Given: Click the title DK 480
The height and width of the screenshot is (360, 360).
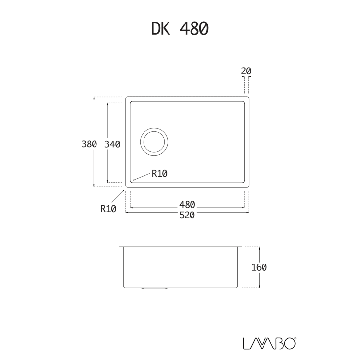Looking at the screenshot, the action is point(180,28).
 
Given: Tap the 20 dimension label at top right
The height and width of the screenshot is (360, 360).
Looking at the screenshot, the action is point(246,71).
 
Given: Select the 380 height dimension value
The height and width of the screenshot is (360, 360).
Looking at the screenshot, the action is point(89,144).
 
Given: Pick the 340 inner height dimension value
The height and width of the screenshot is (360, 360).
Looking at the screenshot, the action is point(112,144).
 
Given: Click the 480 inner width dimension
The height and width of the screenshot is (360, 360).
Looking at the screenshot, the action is point(187,204).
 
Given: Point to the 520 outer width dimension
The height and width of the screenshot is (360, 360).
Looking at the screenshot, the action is point(187,215).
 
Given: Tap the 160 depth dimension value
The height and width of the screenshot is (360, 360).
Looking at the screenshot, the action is point(259,267).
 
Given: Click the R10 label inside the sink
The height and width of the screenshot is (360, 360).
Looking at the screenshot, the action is point(160,174).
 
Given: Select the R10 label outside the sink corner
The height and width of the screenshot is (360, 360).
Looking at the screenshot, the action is point(108,209).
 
